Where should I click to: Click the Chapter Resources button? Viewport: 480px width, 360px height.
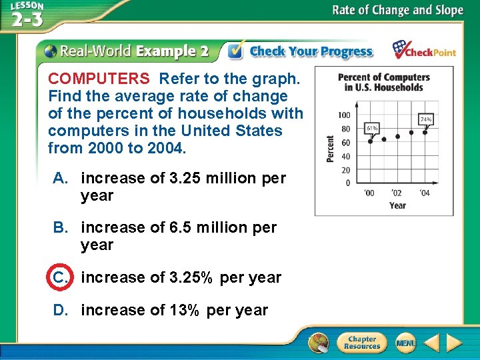click(361, 343)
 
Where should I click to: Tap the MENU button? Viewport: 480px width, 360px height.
click(405, 343)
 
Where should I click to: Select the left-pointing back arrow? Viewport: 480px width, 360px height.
click(431, 343)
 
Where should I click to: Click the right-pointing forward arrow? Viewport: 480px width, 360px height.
click(454, 343)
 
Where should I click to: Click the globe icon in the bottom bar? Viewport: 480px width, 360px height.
click(319, 343)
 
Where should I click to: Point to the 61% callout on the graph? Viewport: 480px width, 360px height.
click(372, 127)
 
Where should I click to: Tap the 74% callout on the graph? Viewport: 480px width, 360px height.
click(425, 119)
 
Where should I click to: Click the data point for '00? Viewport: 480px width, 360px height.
click(371, 141)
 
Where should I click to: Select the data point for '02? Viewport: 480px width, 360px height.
click(398, 136)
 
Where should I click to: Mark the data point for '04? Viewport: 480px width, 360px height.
click(425, 132)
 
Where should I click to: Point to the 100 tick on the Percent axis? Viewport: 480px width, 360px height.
click(344, 115)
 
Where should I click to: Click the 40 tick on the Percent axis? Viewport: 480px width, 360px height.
click(345, 157)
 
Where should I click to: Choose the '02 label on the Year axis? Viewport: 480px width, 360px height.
click(397, 193)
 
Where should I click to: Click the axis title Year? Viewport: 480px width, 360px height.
click(397, 205)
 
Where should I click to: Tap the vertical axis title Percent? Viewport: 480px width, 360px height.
click(330, 149)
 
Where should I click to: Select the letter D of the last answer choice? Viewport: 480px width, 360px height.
click(59, 311)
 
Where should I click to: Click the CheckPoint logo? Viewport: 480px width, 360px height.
click(423, 51)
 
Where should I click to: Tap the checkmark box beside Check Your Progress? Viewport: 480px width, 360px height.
click(235, 51)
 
